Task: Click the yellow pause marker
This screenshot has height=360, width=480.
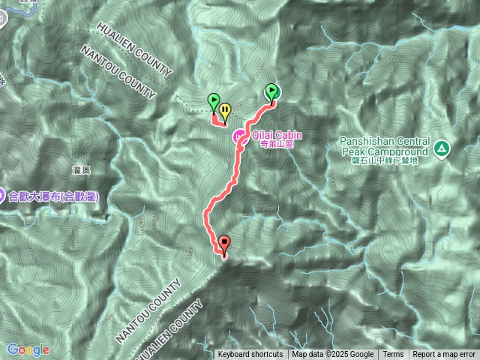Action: point(225,109)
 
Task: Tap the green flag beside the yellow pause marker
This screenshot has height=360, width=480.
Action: point(214,101)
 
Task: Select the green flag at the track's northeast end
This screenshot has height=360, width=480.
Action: point(272,91)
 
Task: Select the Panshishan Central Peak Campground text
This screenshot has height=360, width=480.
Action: point(385,146)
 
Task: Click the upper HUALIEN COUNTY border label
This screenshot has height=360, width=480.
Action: point(134,49)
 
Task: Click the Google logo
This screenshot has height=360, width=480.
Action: point(28,349)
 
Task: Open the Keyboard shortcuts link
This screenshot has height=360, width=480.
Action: point(250,355)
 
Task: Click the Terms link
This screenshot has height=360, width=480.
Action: point(393,355)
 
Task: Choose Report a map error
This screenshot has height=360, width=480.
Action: point(444,355)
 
